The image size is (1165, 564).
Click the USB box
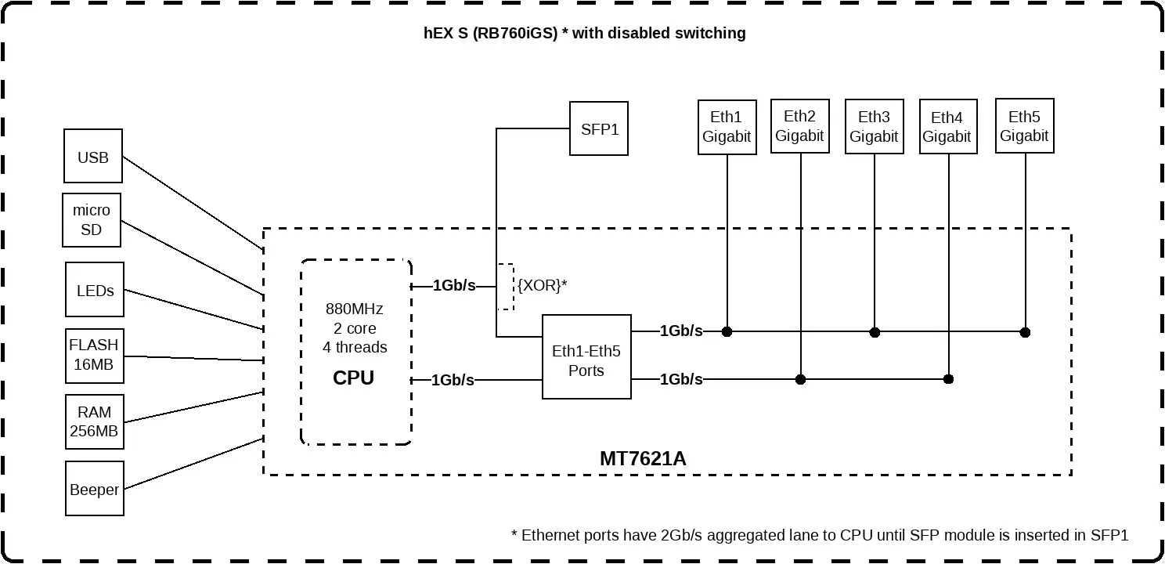tap(93, 157)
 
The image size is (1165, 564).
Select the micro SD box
tap(92, 220)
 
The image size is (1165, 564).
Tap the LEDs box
tap(95, 291)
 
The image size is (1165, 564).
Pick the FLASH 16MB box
tap(94, 354)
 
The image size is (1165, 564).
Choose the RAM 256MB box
tap(94, 421)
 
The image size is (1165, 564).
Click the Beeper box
tap(94, 490)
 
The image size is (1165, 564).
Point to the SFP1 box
tap(599, 129)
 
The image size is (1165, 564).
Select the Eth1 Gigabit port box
tap(727, 127)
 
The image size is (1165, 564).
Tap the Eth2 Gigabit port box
tap(799, 126)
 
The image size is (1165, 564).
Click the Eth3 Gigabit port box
tap(874, 127)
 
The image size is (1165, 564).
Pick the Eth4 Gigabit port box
tap(947, 127)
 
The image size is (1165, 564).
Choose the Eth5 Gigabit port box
tap(1024, 125)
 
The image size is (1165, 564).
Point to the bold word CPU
tap(354, 378)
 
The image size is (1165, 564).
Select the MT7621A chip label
tap(643, 458)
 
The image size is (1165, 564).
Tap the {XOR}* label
tap(541, 285)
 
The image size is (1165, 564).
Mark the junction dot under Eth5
tap(1025, 332)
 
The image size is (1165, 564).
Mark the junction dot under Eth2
tap(800, 379)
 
